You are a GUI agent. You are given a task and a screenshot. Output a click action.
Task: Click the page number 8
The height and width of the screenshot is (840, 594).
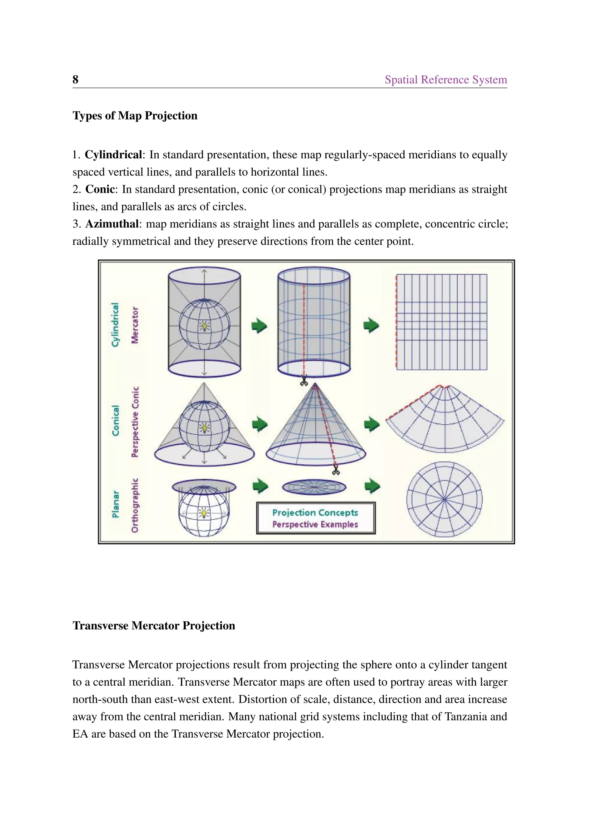click(75, 79)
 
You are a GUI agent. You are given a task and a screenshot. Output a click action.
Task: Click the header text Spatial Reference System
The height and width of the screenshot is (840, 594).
click(445, 79)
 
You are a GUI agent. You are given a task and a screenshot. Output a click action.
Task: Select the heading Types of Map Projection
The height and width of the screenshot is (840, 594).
click(135, 116)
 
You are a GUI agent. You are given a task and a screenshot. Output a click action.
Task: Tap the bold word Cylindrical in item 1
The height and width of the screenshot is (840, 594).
click(113, 155)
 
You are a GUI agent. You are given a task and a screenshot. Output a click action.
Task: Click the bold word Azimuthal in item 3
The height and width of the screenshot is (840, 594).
click(112, 224)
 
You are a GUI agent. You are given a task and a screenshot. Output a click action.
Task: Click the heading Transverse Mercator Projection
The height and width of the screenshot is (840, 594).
click(154, 626)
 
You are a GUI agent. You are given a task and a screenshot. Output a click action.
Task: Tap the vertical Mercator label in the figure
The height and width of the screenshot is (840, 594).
click(135, 325)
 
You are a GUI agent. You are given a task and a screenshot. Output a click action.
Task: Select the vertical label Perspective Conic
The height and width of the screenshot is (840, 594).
click(135, 421)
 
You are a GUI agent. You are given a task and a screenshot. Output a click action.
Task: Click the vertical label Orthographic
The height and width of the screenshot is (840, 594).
click(135, 505)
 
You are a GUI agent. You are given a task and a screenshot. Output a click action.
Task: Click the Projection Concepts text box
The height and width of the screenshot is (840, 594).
click(315, 518)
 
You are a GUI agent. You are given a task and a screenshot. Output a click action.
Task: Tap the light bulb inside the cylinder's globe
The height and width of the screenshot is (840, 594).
click(204, 326)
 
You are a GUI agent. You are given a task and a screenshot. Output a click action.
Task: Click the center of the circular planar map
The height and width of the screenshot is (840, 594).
click(444, 499)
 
